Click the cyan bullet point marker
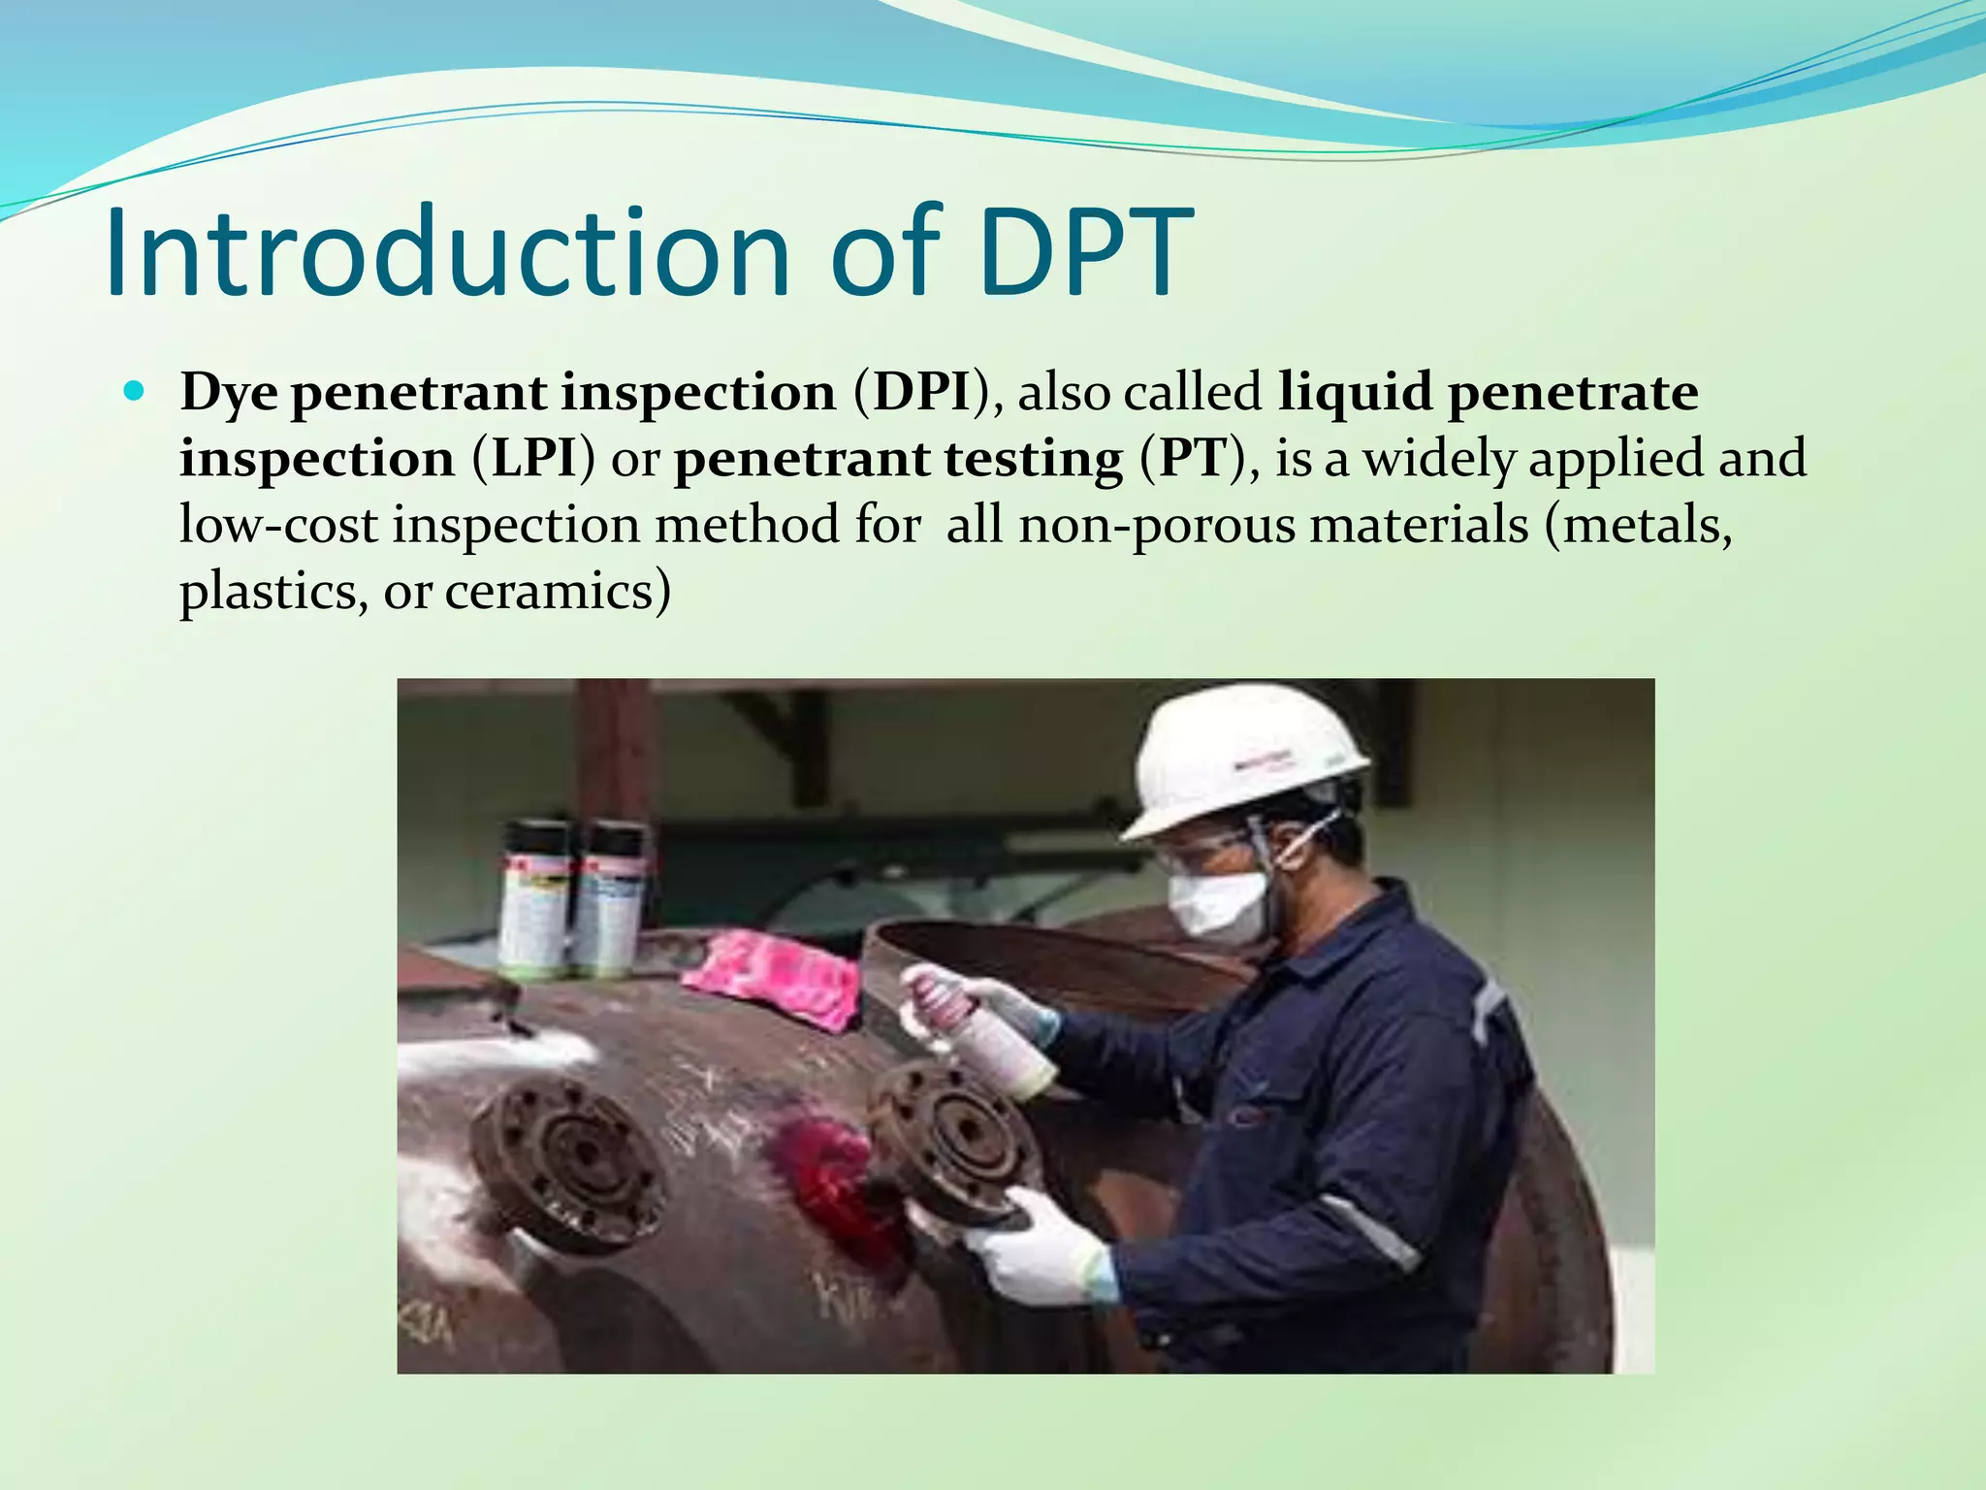(135, 393)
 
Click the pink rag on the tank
(776, 974)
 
